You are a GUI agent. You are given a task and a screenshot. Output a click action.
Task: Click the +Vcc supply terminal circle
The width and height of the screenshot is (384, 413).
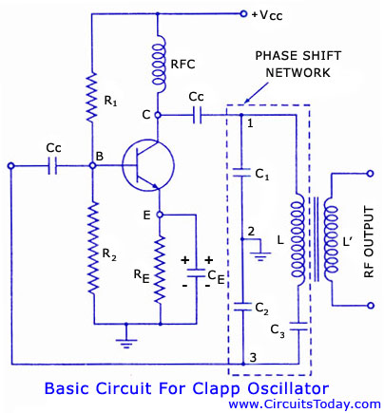click(x=243, y=13)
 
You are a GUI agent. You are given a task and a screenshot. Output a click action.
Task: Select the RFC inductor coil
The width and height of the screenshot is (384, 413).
click(x=158, y=65)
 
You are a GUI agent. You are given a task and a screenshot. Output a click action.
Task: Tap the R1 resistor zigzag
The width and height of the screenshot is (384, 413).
click(x=92, y=96)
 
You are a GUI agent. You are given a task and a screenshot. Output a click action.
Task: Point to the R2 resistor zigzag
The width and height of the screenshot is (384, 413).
click(x=94, y=248)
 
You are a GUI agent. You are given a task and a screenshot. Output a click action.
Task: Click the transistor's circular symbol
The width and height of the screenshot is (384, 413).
click(x=148, y=166)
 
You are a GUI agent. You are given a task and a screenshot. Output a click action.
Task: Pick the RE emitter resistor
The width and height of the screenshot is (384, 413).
click(x=160, y=270)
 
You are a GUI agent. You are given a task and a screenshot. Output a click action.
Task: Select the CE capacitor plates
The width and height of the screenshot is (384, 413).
click(x=196, y=273)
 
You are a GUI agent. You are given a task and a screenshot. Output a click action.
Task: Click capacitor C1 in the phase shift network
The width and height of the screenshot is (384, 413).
click(x=241, y=173)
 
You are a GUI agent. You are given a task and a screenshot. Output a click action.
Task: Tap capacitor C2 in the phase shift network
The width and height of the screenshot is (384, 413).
click(x=242, y=307)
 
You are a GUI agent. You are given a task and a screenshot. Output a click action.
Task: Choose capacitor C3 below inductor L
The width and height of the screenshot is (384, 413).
click(x=298, y=327)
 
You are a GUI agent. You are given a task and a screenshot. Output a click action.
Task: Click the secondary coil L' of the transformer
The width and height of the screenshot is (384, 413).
click(x=331, y=239)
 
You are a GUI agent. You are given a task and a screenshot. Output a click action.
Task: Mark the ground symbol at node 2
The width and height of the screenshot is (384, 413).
click(x=260, y=256)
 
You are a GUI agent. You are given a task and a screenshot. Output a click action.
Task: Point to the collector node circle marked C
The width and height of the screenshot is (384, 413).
click(x=158, y=115)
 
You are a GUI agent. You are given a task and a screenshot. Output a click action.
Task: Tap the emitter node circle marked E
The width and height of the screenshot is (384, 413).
click(x=160, y=215)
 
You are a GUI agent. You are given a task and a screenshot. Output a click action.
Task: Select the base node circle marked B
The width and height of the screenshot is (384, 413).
click(x=92, y=165)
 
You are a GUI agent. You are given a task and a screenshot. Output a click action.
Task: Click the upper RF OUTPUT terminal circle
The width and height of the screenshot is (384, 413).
click(x=370, y=174)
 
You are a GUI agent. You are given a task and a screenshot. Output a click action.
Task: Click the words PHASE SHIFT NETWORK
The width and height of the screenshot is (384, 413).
click(x=298, y=65)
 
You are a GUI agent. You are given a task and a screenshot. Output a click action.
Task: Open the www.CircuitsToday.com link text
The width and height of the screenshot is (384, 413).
click(x=304, y=404)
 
